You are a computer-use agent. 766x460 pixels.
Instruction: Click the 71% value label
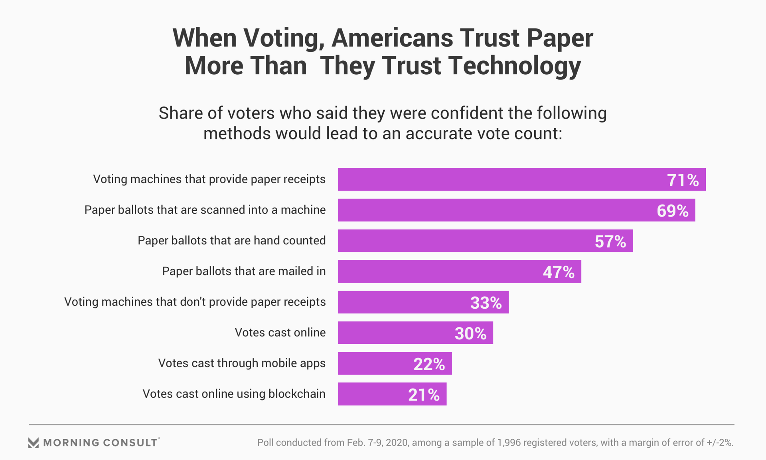tap(683, 180)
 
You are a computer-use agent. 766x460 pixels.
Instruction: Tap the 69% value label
tap(672, 211)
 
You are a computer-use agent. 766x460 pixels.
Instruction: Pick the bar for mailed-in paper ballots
tap(439, 272)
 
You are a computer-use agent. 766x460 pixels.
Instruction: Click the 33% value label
tap(486, 303)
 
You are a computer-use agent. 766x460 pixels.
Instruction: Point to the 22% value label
tap(429, 364)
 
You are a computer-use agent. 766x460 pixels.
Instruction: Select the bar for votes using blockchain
tap(371, 394)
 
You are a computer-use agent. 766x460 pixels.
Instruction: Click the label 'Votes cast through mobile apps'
tap(242, 363)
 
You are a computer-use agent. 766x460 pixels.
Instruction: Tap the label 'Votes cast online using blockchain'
tap(234, 394)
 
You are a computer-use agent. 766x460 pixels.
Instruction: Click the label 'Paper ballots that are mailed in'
tap(244, 272)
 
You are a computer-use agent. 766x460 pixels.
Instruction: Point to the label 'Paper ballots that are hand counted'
tap(231, 241)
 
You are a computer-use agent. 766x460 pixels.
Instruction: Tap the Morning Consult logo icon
tap(34, 442)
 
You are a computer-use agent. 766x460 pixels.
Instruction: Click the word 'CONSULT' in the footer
tap(130, 442)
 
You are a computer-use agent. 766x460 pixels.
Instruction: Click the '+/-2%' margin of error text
tap(720, 442)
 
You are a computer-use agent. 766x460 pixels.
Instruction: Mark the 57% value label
tap(610, 242)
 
